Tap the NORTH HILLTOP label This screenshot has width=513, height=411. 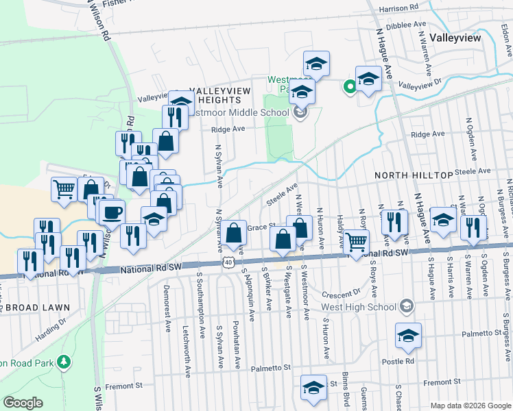pyautogui.click(x=414, y=175)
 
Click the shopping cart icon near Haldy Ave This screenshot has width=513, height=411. pyautogui.click(x=357, y=242)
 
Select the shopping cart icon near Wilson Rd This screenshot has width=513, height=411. pyautogui.click(x=64, y=188)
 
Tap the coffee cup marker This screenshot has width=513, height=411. pyautogui.click(x=111, y=211)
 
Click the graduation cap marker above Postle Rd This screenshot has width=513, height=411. pyautogui.click(x=408, y=335)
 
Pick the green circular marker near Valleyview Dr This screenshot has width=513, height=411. pyautogui.click(x=349, y=86)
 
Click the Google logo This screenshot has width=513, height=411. pyautogui.click(x=23, y=403)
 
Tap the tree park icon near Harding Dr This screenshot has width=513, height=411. pyautogui.click(x=64, y=360)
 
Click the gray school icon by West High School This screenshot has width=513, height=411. pyautogui.click(x=407, y=304)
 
